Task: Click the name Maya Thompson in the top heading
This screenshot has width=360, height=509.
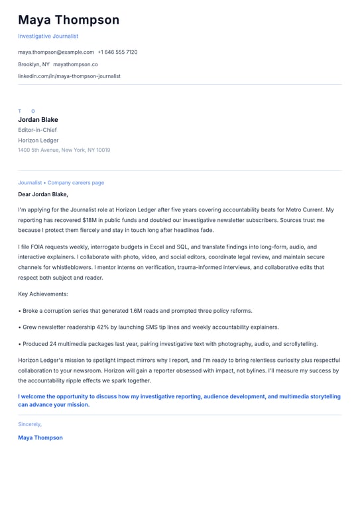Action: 68,20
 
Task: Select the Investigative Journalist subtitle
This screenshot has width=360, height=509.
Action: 48,36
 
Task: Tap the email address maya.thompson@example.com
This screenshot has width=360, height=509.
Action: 56,52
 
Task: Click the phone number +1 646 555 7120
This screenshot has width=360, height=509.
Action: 117,52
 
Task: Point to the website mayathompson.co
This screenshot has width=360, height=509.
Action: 75,64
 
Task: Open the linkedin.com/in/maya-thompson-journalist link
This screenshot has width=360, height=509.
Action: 69,76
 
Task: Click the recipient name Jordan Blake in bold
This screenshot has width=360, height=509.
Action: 38,120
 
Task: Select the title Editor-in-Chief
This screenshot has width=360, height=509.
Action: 37,130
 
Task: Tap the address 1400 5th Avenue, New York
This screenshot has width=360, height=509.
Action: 64,150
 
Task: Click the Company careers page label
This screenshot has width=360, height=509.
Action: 76,182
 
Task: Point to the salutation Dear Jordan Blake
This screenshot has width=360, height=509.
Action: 42,194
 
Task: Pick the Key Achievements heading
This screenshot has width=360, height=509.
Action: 43,294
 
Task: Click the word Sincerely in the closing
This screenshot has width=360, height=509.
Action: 29,424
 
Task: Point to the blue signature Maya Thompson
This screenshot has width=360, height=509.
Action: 40,437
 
